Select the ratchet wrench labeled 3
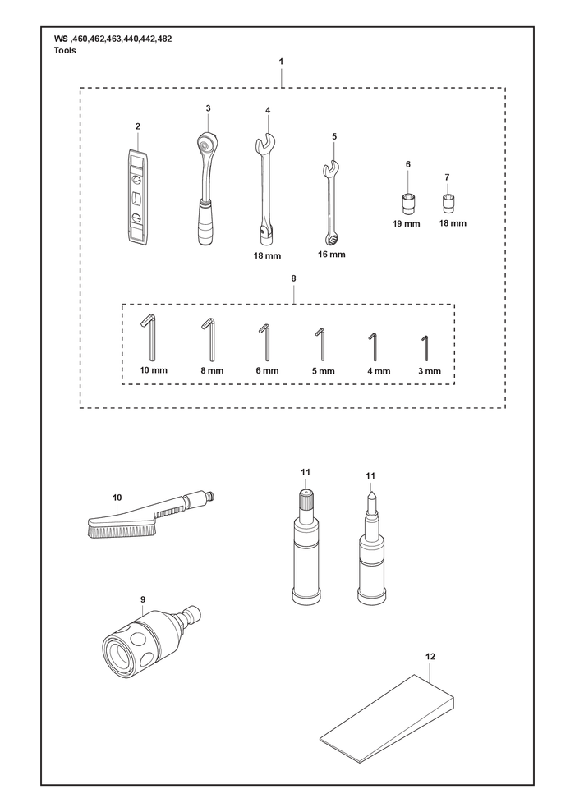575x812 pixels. click(x=206, y=188)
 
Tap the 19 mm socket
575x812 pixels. click(x=407, y=204)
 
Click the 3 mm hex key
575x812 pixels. click(x=425, y=348)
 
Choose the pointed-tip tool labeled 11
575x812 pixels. click(x=372, y=548)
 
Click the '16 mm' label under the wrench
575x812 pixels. click(x=332, y=255)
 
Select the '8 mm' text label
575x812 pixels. click(x=213, y=371)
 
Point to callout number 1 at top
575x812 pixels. click(x=281, y=61)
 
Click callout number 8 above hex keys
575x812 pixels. click(x=294, y=278)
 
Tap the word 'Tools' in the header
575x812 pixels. click(x=65, y=50)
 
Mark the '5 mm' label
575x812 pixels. click(x=324, y=371)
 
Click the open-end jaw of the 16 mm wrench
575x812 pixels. click(x=330, y=167)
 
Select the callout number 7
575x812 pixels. click(x=447, y=177)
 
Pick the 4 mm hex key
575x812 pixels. click(x=372, y=347)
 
